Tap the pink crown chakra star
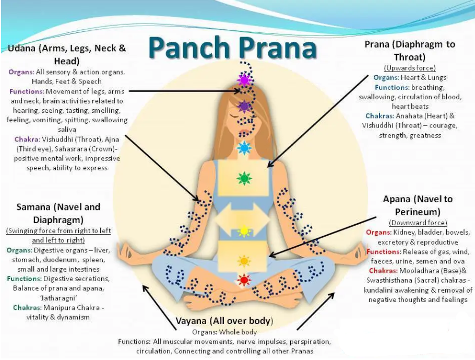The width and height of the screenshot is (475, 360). tap(244, 80)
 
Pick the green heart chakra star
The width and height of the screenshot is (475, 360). tap(244, 179)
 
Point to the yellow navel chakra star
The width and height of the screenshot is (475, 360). tap(244, 230)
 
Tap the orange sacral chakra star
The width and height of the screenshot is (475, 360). tap(244, 260)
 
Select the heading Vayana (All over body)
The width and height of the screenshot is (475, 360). tap(225, 320)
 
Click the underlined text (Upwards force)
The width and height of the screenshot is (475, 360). tap(410, 68)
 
